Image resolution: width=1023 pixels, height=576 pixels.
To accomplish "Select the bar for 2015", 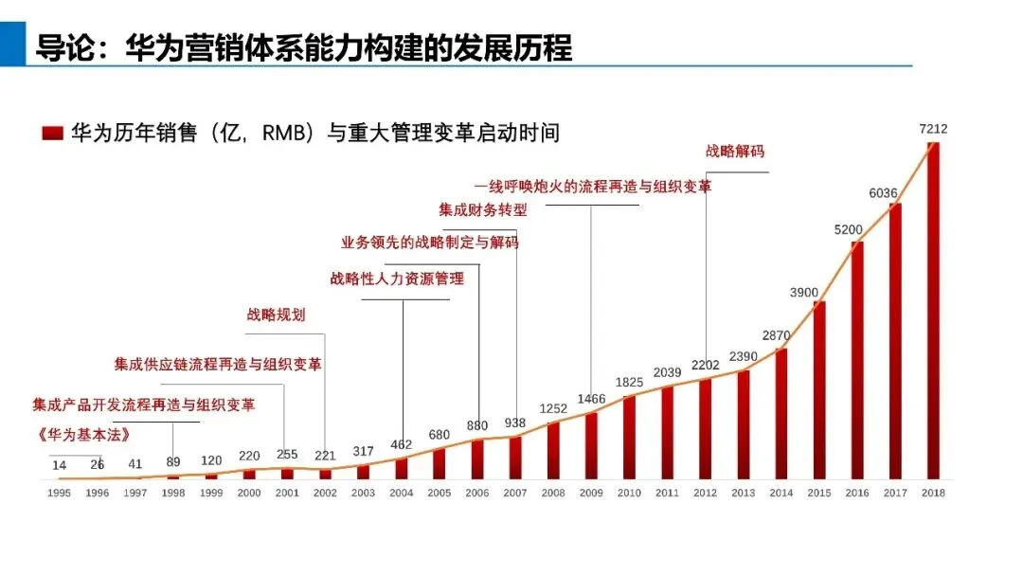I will point(819,389).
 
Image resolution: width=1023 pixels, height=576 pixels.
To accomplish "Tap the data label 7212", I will point(933,129).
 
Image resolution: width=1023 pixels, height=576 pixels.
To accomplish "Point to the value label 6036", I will point(885,193).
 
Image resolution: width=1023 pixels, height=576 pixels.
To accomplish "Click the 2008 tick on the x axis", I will point(553,493).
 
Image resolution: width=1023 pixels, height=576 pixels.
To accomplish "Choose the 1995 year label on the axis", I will point(59,493).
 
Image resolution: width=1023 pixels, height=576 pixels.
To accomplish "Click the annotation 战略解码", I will point(734,151).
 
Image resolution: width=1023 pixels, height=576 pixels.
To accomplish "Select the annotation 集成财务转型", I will point(482,209).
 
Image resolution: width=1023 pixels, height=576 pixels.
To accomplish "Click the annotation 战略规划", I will point(276,315).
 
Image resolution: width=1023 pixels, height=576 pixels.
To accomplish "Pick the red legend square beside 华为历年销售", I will point(52,133).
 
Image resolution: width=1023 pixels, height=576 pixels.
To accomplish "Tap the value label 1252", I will point(553,409).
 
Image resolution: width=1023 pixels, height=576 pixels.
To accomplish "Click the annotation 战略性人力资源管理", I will point(397,279).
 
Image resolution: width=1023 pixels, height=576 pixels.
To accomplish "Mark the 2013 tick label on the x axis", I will point(744,493).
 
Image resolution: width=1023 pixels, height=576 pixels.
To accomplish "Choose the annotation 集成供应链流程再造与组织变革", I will point(217,364).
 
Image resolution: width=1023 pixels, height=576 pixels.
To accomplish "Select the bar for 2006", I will point(477,459).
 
